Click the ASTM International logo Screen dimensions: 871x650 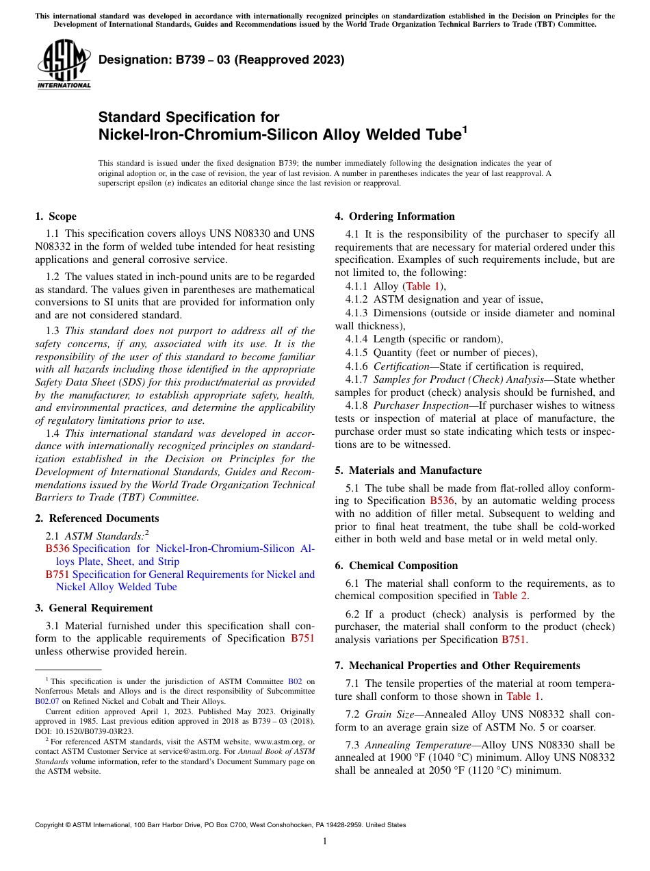pyautogui.click(x=64, y=64)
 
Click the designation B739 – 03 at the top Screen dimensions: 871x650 pyautogui.click(x=221, y=60)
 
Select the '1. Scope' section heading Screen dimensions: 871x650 pyautogui.click(x=56, y=216)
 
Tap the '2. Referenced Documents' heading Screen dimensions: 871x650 pyautogui.click(x=97, y=518)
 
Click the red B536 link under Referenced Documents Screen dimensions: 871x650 pyautogui.click(x=57, y=548)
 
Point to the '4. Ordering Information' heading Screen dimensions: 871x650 pyautogui.click(x=395, y=216)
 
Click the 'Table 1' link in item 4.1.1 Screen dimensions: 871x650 pyautogui.click(x=424, y=286)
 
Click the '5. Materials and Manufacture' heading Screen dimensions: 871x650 pyautogui.click(x=408, y=470)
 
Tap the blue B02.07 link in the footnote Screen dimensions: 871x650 pyautogui.click(x=47, y=701)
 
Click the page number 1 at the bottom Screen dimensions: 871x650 pyautogui.click(x=325, y=841)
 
